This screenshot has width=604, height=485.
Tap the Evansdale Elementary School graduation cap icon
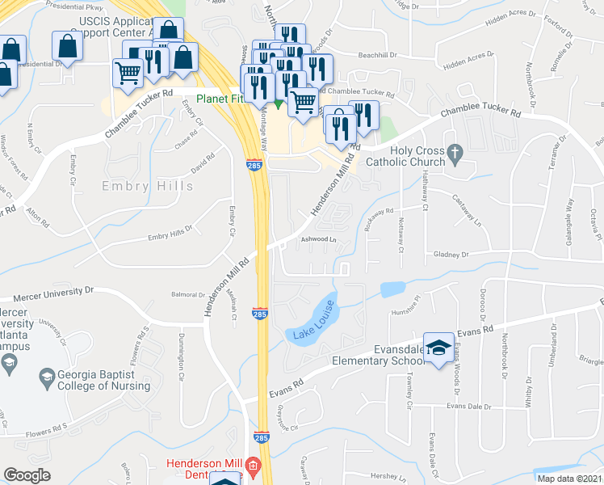click(x=439, y=348)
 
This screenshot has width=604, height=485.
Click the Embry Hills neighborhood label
click(x=148, y=186)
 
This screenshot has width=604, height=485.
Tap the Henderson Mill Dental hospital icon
click(x=253, y=466)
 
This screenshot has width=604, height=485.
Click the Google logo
click(x=27, y=475)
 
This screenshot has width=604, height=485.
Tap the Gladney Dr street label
click(x=452, y=254)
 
